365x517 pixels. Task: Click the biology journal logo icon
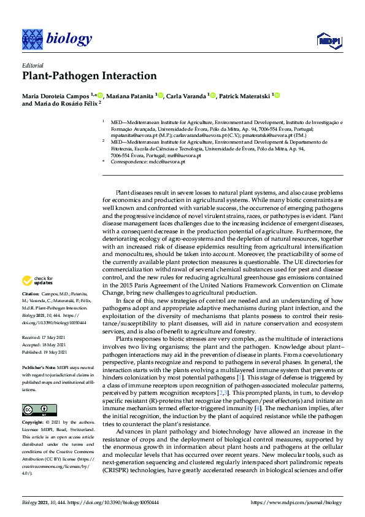point(32,39)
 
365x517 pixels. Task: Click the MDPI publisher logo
point(328,41)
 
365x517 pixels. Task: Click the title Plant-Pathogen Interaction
point(90,76)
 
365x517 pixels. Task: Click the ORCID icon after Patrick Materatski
point(276,95)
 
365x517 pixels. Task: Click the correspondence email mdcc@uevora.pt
point(167,161)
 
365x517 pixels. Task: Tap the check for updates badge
point(36,281)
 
